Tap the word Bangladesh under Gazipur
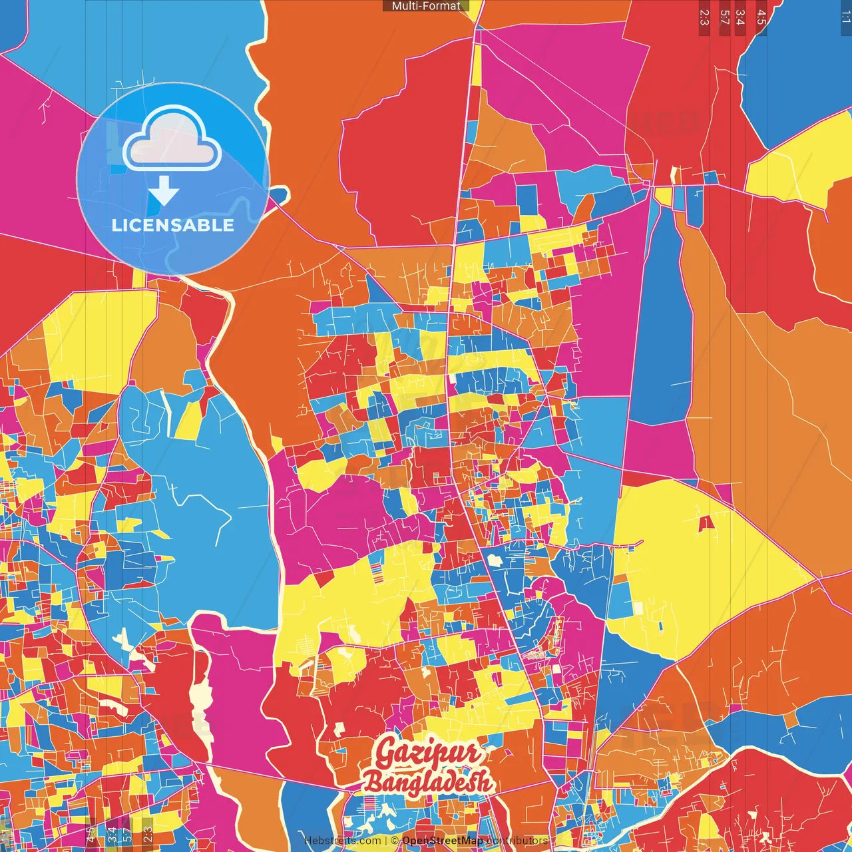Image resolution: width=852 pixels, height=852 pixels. pyautogui.click(x=427, y=783)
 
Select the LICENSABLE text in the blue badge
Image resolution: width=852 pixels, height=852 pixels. pyautogui.click(x=173, y=225)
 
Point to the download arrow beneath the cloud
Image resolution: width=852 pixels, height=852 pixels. pyautogui.click(x=164, y=191)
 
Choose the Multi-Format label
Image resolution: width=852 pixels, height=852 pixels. pyautogui.click(x=426, y=6)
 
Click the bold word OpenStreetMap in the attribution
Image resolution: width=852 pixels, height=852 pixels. pyautogui.click(x=443, y=841)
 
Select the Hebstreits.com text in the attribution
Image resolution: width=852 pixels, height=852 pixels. pyautogui.click(x=342, y=841)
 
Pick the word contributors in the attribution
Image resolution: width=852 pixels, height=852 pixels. pyautogui.click(x=517, y=841)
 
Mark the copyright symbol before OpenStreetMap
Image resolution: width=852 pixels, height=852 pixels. pyautogui.click(x=394, y=841)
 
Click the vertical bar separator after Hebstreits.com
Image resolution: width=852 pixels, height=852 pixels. pyautogui.click(x=385, y=841)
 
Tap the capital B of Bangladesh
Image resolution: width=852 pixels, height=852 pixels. pyautogui.click(x=373, y=783)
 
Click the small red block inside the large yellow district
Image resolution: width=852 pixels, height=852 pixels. pyautogui.click(x=706, y=523)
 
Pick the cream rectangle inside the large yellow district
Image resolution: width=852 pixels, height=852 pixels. pyautogui.click(x=638, y=608)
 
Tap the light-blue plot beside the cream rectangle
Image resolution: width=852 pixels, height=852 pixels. pyautogui.click(x=620, y=599)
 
